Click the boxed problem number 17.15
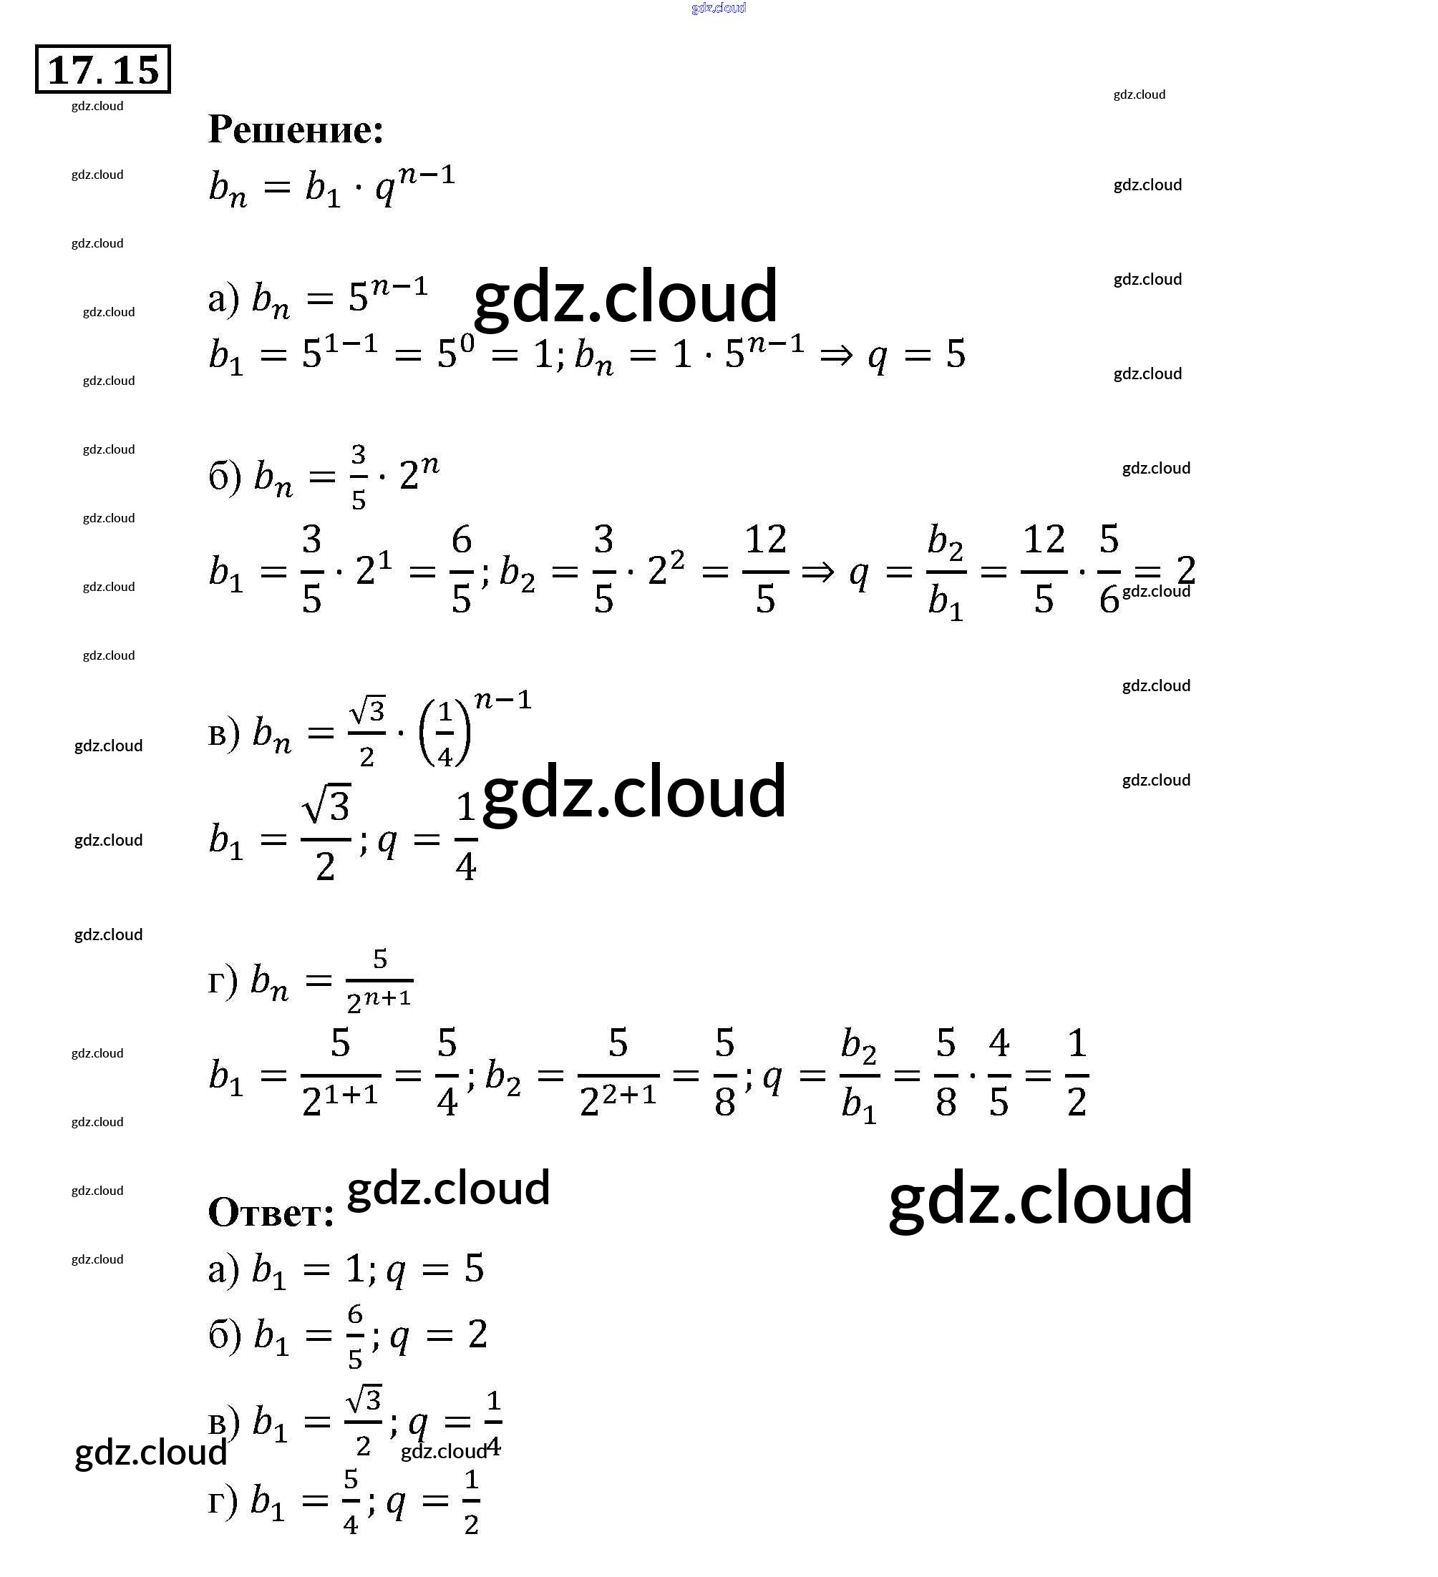tap(102, 69)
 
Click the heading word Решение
tap(296, 129)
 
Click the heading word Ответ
tap(271, 1213)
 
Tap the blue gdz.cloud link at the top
tap(718, 8)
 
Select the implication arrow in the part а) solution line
tap(835, 356)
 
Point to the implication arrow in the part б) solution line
tap(817, 572)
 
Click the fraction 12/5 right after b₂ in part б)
tap(765, 570)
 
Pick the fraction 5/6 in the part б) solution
tap(1109, 570)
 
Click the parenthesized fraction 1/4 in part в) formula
tap(444, 733)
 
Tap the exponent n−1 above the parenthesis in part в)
tap(503, 698)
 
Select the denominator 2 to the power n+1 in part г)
tap(379, 1000)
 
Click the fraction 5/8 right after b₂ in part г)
tap(724, 1073)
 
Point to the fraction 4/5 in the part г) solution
tap(999, 1073)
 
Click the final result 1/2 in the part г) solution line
tap(1077, 1073)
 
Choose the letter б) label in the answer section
tap(224, 1334)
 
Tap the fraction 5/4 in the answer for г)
tap(351, 1501)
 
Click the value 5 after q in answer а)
tap(474, 1269)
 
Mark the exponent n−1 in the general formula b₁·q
tap(427, 175)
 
